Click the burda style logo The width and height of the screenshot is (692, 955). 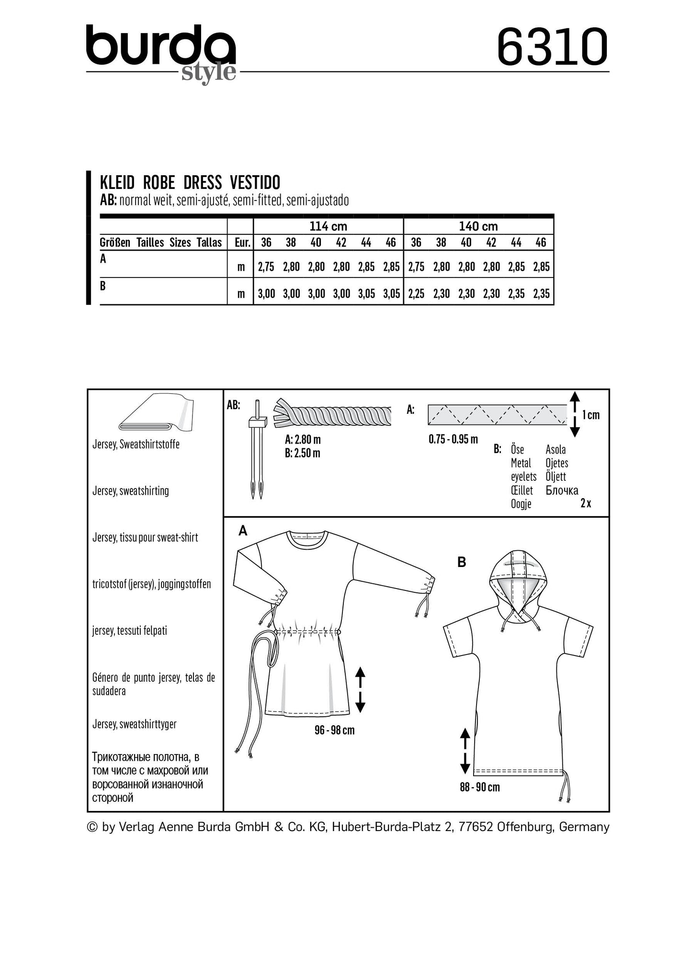[x=161, y=52]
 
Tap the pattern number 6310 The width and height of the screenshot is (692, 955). [x=552, y=47]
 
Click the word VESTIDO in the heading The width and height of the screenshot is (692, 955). [x=255, y=183]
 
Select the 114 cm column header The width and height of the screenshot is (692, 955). [x=328, y=226]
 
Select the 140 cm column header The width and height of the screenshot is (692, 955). [x=478, y=226]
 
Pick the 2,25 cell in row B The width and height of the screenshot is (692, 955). [x=416, y=294]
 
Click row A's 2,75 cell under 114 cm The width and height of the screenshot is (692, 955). [x=266, y=267]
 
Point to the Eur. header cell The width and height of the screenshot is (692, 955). [x=242, y=243]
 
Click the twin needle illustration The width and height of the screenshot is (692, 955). [x=257, y=448]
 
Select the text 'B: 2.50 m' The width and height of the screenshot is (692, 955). [x=302, y=453]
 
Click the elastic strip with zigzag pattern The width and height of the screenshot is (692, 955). [x=497, y=415]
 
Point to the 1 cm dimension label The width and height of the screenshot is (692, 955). [x=590, y=415]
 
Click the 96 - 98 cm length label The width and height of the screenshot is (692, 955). [x=334, y=731]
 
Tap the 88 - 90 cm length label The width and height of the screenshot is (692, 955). [x=479, y=787]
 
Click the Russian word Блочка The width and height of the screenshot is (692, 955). [x=562, y=490]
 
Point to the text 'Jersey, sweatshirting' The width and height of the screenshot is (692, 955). [x=131, y=491]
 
